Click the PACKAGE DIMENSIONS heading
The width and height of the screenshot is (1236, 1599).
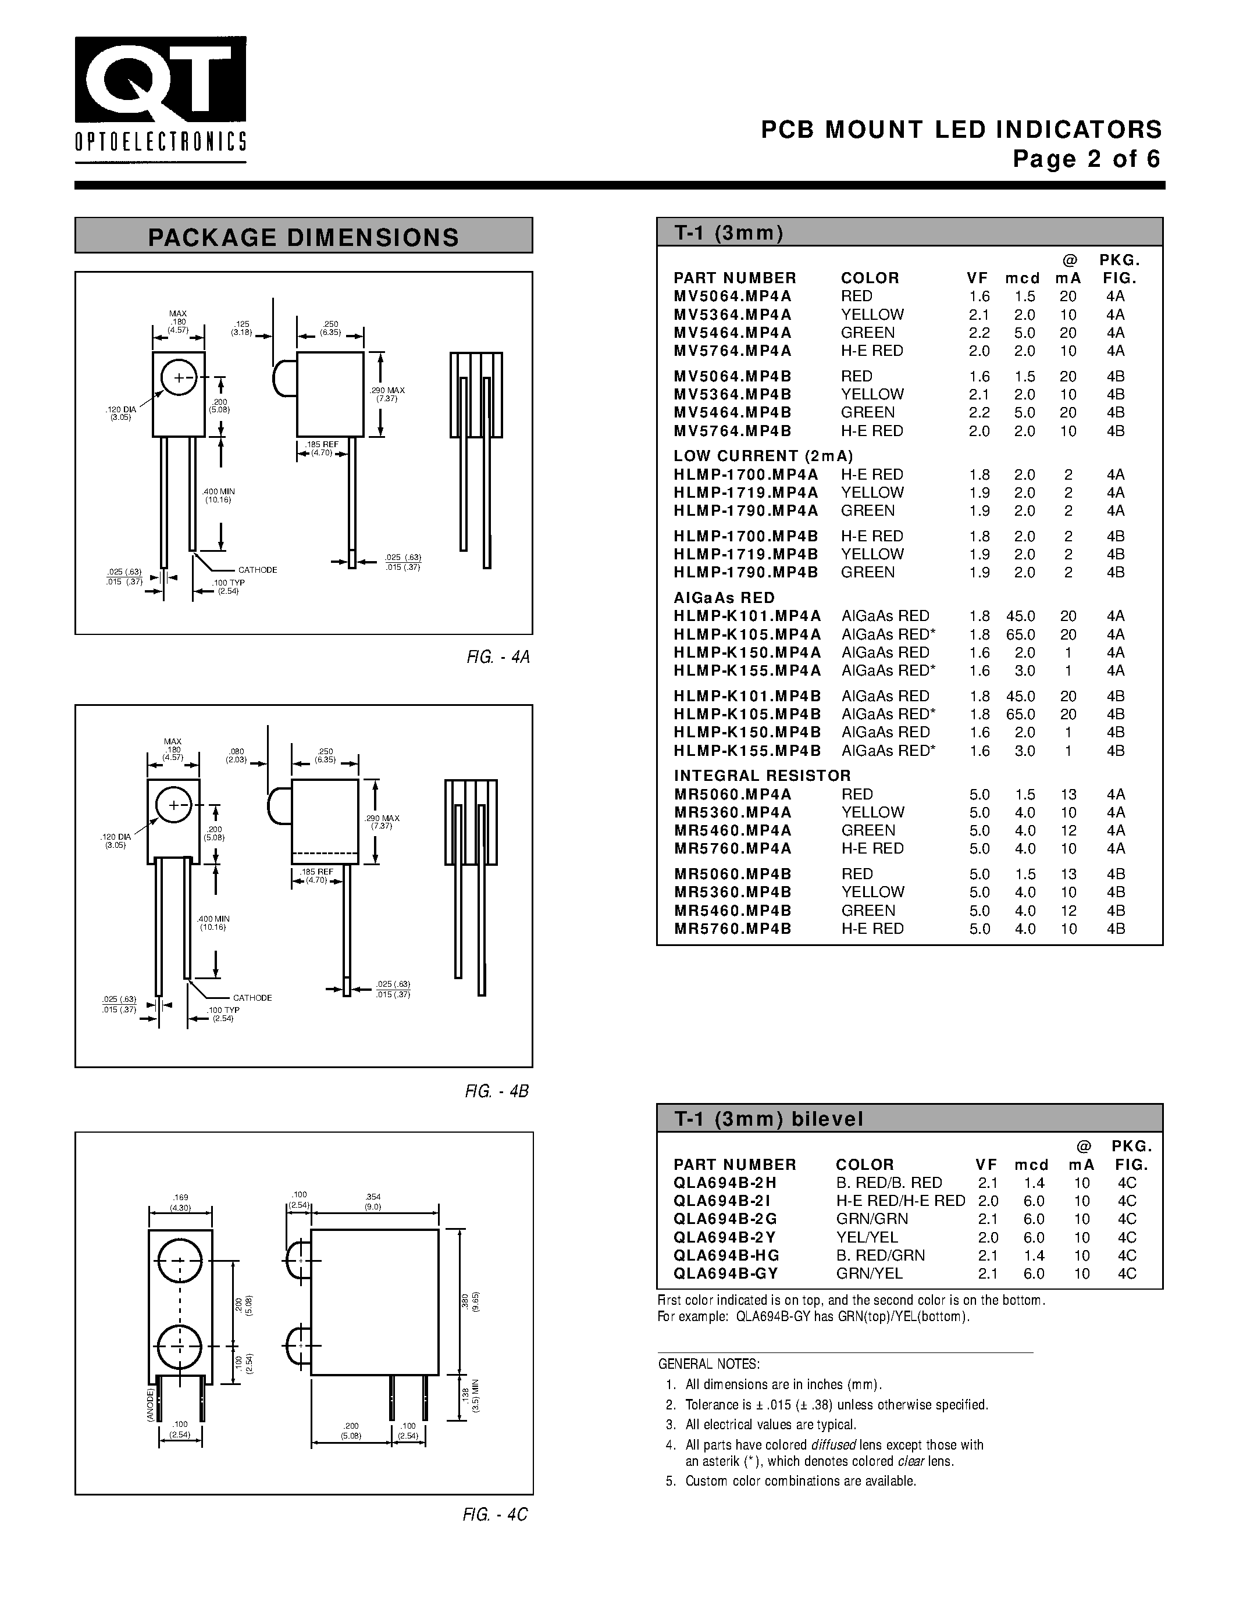(303, 237)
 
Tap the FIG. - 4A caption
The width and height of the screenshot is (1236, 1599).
(497, 656)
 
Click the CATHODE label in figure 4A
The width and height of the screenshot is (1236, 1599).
(257, 570)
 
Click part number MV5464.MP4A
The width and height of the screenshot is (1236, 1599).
(732, 333)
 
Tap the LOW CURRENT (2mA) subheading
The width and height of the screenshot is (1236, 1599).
(763, 456)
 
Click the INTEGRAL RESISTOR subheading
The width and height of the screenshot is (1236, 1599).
(763, 775)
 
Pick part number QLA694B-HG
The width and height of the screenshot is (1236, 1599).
(726, 1255)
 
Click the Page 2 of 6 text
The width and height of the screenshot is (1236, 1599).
(1087, 159)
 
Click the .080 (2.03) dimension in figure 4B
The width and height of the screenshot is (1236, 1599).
(237, 755)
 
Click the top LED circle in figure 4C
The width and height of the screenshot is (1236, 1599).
(179, 1260)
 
